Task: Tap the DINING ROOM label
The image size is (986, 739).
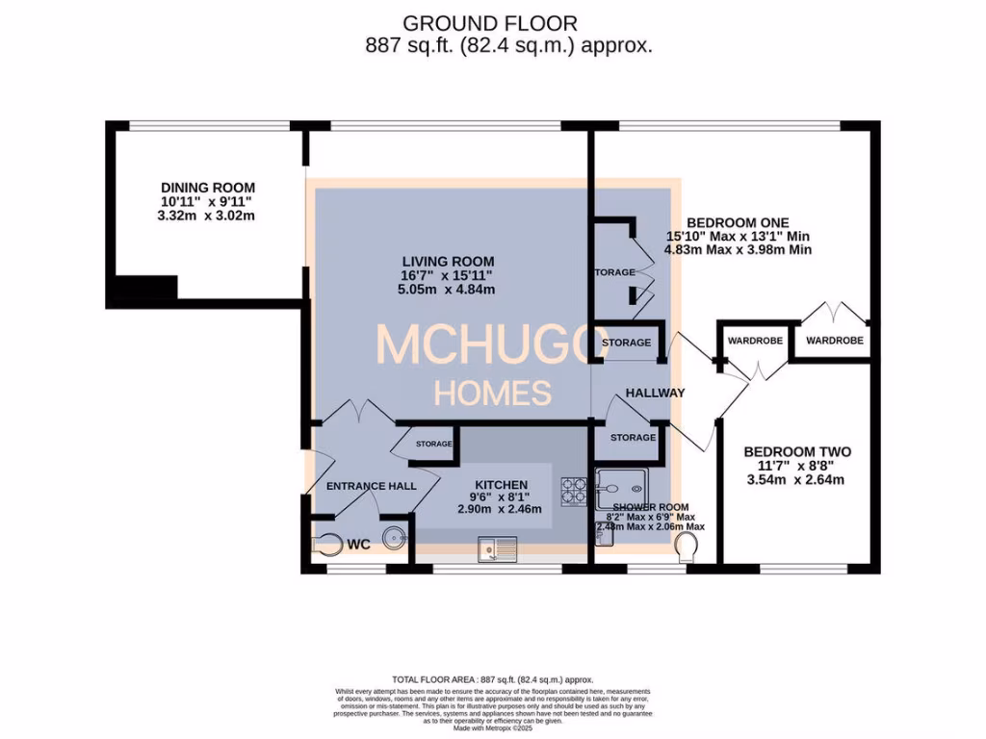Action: click(x=208, y=188)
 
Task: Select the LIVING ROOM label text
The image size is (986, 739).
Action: click(x=449, y=261)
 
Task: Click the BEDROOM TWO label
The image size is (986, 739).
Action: click(x=796, y=451)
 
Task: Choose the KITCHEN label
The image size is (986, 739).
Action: click(x=500, y=484)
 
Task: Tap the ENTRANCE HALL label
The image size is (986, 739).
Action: click(x=372, y=486)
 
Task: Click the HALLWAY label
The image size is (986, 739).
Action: click(x=655, y=393)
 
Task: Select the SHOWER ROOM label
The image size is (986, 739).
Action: click(x=651, y=507)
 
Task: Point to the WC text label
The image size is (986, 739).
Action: click(x=358, y=545)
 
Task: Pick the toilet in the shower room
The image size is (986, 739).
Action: click(x=686, y=548)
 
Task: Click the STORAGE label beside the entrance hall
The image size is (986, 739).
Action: click(x=434, y=444)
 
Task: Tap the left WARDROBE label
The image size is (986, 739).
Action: click(x=755, y=341)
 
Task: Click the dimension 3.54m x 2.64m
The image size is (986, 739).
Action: click(x=796, y=479)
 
